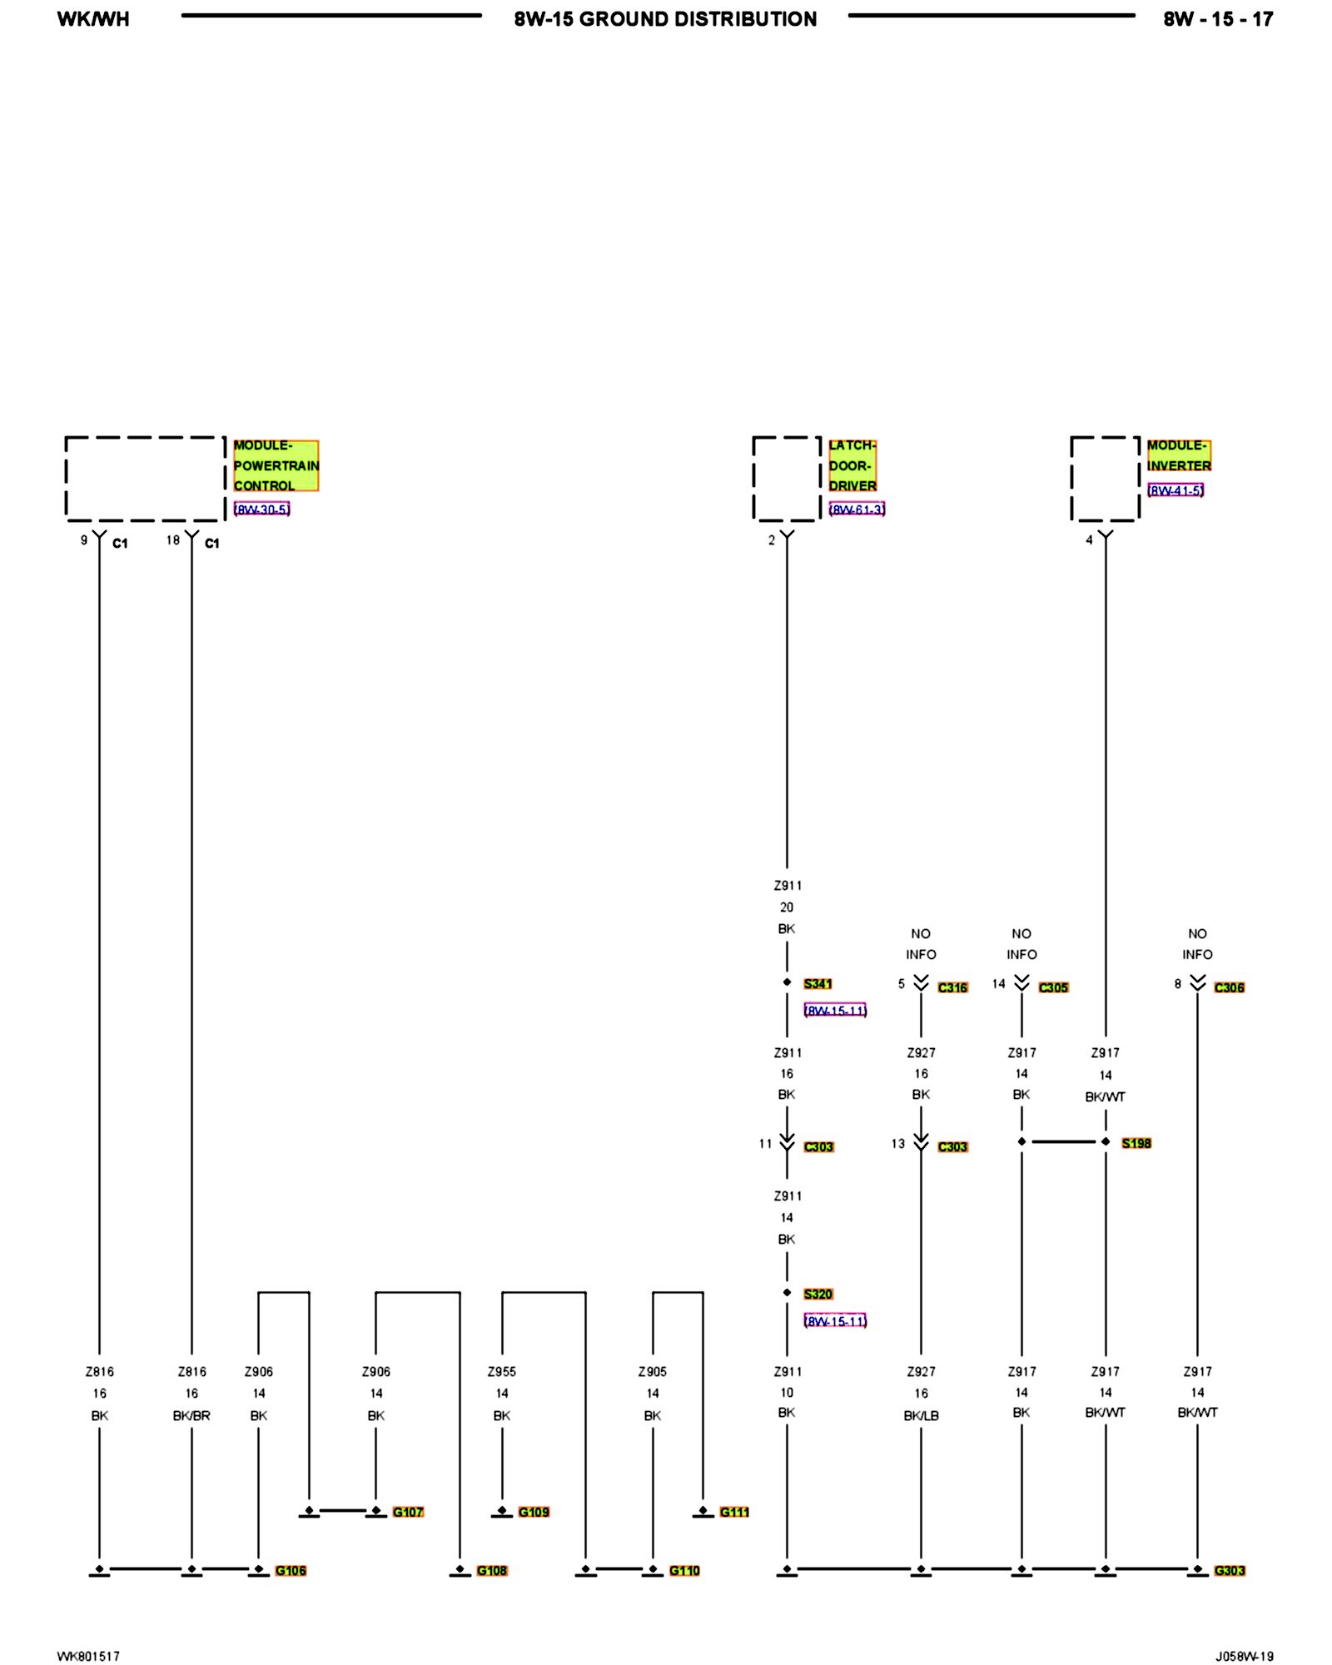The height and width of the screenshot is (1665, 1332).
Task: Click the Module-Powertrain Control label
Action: pyautogui.click(x=276, y=465)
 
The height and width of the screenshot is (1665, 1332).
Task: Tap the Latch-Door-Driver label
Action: pyautogui.click(x=852, y=465)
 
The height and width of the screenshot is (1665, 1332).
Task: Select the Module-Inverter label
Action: pyautogui.click(x=1178, y=455)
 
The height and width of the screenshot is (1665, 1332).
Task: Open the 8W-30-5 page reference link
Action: pyautogui.click(x=261, y=509)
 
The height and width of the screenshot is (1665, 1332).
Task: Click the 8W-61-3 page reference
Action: pyautogui.click(x=857, y=509)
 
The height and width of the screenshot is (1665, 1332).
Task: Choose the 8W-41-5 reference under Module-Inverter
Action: pyautogui.click(x=1175, y=490)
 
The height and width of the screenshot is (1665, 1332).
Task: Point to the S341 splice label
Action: pyautogui.click(x=818, y=984)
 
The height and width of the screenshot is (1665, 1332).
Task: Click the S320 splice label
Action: pyautogui.click(x=818, y=1294)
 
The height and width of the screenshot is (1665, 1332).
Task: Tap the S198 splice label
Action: pyautogui.click(x=1136, y=1143)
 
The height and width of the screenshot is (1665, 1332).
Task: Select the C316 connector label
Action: pyautogui.click(x=952, y=987)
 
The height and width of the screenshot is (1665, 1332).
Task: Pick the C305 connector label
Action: pyautogui.click(x=1053, y=987)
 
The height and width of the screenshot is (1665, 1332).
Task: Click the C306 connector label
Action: pyautogui.click(x=1229, y=987)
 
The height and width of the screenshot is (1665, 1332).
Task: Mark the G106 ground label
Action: pyautogui.click(x=291, y=1570)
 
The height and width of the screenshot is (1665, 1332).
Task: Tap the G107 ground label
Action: pyautogui.click(x=408, y=1512)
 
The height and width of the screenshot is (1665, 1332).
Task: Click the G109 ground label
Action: pyautogui.click(x=534, y=1512)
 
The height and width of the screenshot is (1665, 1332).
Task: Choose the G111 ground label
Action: pyautogui.click(x=734, y=1512)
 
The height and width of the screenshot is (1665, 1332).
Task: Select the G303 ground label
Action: pyautogui.click(x=1229, y=1570)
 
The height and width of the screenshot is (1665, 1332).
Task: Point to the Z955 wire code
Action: pyautogui.click(x=502, y=1371)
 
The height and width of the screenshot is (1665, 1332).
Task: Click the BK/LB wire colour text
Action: pyautogui.click(x=921, y=1415)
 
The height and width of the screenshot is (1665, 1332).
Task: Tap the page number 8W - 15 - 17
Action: pyautogui.click(x=1218, y=19)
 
